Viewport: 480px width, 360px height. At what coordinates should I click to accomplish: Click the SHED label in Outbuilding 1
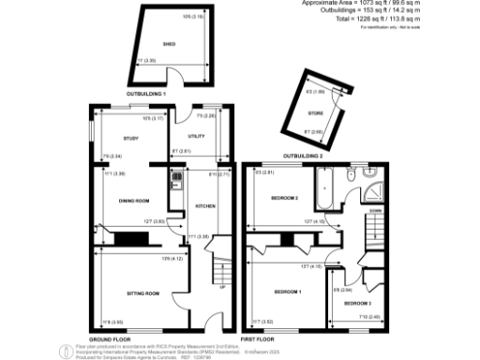coord(170,44)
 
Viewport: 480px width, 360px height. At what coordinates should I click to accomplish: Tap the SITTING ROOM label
coord(142,293)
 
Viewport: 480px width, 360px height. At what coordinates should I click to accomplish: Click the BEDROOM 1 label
coord(286,293)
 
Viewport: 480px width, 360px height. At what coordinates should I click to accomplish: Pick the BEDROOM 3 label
coord(356,304)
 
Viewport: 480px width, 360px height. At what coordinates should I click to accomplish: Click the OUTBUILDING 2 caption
coord(302,156)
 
